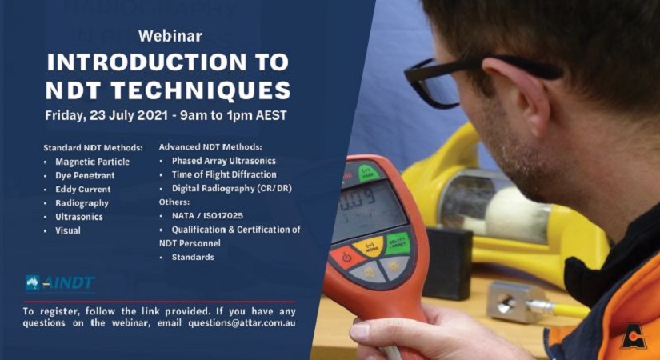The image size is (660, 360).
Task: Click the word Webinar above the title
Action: (x=170, y=36)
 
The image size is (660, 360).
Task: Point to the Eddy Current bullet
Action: (x=83, y=190)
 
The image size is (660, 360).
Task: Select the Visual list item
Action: (x=68, y=230)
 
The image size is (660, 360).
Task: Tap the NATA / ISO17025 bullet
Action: (x=202, y=216)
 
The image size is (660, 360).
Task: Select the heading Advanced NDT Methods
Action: (x=210, y=146)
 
